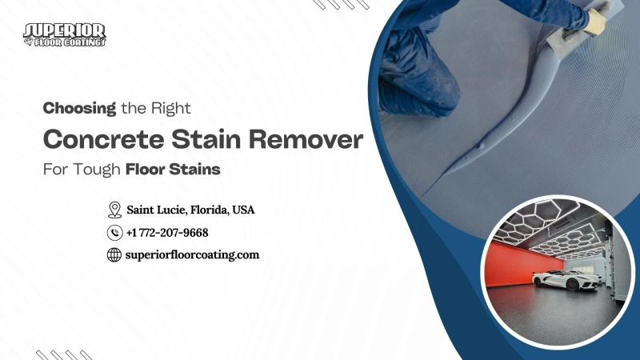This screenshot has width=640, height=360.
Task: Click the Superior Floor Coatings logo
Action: [65, 34]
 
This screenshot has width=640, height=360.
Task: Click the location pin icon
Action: [114, 210]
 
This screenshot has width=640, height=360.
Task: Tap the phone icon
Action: [114, 233]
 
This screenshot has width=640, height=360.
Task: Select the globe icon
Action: [114, 255]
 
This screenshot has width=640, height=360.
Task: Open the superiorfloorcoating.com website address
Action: [193, 255]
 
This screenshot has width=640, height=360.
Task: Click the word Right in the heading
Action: [174, 106]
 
